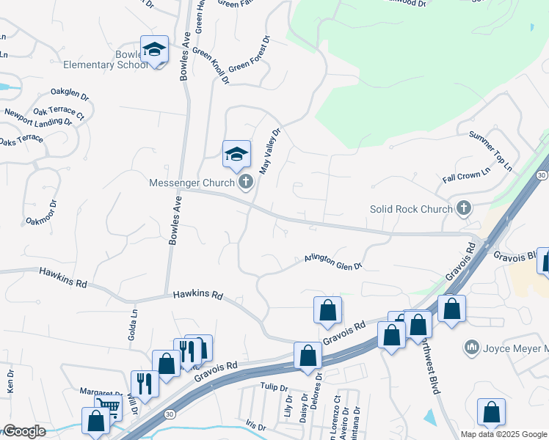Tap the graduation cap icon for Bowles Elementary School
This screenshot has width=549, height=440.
(154, 50)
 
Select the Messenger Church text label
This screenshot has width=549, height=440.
(191, 183)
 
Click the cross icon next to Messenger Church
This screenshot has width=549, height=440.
(245, 182)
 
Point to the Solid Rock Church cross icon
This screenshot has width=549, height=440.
(463, 209)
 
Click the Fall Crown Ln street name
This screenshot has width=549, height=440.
(465, 177)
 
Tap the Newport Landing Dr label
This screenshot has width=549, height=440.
(38, 119)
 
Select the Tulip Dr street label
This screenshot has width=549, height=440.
(271, 385)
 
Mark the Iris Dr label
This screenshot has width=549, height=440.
(255, 425)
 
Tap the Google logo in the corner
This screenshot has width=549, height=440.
(24, 431)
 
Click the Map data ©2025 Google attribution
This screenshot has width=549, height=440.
(503, 434)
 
